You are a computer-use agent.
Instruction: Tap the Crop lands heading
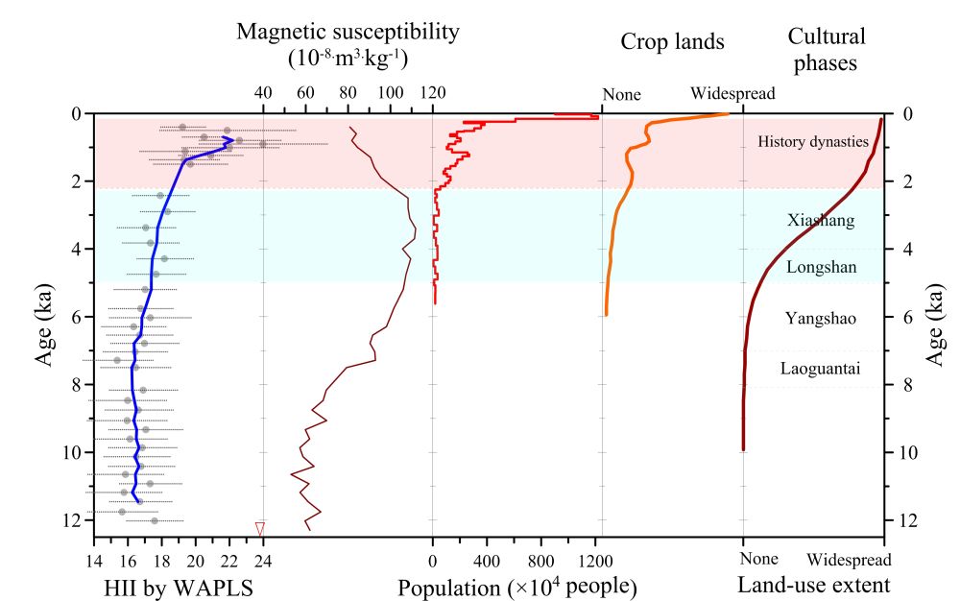(672, 40)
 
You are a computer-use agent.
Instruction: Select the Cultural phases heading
(826, 50)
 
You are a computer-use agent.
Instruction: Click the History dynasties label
(813, 142)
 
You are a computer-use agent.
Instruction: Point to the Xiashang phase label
(820, 220)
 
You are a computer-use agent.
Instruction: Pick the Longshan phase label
(820, 267)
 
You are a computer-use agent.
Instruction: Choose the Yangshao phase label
(820, 318)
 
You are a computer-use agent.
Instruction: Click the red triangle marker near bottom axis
(260, 528)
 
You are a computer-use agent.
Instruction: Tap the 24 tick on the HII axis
(263, 560)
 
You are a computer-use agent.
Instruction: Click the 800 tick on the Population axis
(541, 560)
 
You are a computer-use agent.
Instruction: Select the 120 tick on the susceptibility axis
(433, 94)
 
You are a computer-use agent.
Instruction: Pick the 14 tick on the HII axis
(93, 560)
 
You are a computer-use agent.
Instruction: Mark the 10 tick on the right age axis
(908, 452)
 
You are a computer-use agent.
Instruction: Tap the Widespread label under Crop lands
(732, 94)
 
